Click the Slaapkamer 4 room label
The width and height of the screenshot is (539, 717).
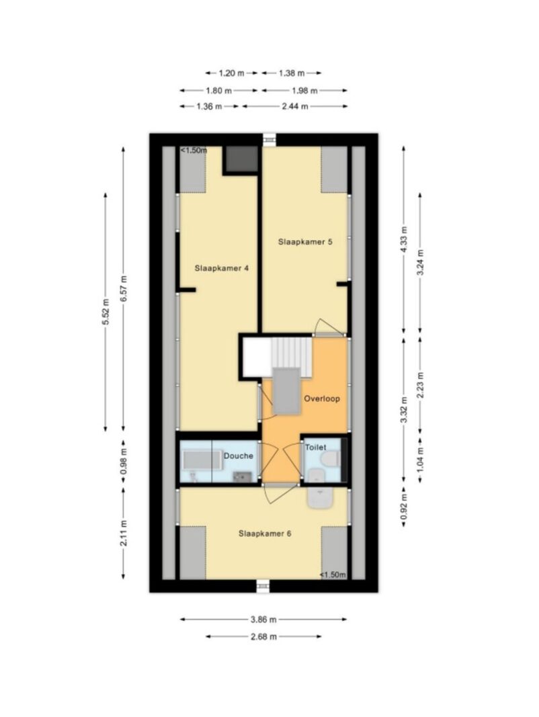221,268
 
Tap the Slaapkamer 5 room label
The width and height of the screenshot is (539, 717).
305,241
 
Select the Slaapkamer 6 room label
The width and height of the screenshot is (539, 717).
265,533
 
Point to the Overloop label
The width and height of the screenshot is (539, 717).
322,398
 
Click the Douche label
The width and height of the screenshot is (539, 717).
238,456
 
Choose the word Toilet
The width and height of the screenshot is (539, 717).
315,448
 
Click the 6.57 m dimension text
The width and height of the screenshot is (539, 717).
124,288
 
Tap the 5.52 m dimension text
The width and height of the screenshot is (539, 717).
106,312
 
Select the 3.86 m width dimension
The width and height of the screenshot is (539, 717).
263,620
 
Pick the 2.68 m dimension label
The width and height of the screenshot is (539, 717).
263,636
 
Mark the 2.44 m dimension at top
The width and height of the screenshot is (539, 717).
295,107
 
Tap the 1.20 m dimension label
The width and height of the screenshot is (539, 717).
231,73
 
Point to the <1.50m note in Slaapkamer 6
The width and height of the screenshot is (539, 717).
333,575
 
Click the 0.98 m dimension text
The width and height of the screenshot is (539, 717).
124,462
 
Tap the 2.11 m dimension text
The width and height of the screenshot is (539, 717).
124,533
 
